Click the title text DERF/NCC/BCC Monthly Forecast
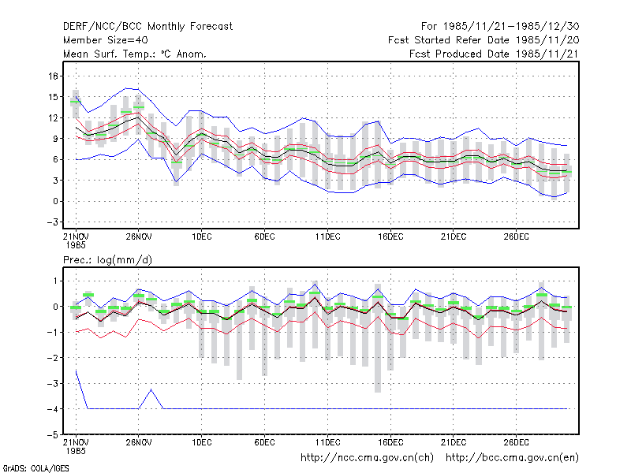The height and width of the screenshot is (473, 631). tap(147, 27)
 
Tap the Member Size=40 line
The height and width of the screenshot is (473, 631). tap(106, 40)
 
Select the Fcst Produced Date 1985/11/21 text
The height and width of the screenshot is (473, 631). tap(494, 54)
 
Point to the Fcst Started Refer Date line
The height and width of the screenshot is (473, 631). tap(484, 40)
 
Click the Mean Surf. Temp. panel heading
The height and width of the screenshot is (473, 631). tap(134, 54)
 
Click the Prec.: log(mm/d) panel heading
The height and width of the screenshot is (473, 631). tap(107, 260)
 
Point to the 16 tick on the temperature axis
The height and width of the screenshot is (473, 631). tap(53, 76)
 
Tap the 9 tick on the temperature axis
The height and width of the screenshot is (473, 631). tap(55, 139)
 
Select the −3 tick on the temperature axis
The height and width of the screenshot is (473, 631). tap(52, 222)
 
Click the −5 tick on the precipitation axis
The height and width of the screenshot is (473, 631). tap(52, 434)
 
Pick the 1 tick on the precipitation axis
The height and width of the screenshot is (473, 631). tap(55, 281)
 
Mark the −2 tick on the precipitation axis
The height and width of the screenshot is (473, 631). tap(52, 358)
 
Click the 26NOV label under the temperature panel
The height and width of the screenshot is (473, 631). tap(139, 236)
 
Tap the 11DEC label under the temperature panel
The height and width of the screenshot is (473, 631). tap(327, 236)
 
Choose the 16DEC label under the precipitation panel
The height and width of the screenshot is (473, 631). tap(390, 442)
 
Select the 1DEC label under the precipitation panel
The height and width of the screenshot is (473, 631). tap(202, 442)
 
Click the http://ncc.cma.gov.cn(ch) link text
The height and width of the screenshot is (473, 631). tap(367, 458)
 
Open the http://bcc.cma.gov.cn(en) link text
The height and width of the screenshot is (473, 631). tap(512, 458)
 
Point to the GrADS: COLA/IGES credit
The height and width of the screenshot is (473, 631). tap(35, 468)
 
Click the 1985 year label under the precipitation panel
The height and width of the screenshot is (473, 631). tap(76, 451)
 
